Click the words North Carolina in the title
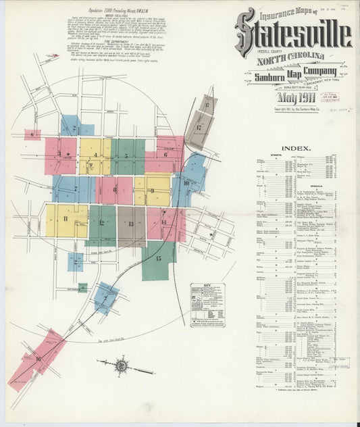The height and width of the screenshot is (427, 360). click(290, 57)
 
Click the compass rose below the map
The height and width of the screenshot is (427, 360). click(122, 366)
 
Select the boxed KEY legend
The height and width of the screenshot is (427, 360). click(207, 305)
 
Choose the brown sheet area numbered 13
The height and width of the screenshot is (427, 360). click(131, 224)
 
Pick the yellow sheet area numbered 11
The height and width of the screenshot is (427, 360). click(66, 220)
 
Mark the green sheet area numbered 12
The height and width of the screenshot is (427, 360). click(102, 224)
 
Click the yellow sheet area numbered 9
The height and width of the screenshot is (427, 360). click(153, 191)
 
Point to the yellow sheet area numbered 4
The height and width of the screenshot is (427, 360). click(95, 156)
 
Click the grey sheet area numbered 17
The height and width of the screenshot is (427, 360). click(199, 126)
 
